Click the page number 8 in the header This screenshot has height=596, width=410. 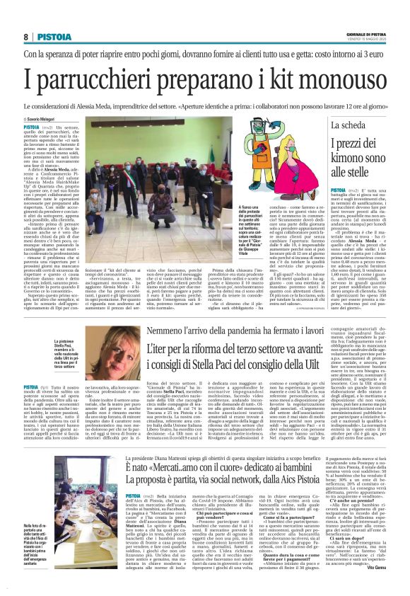point(25,37)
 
